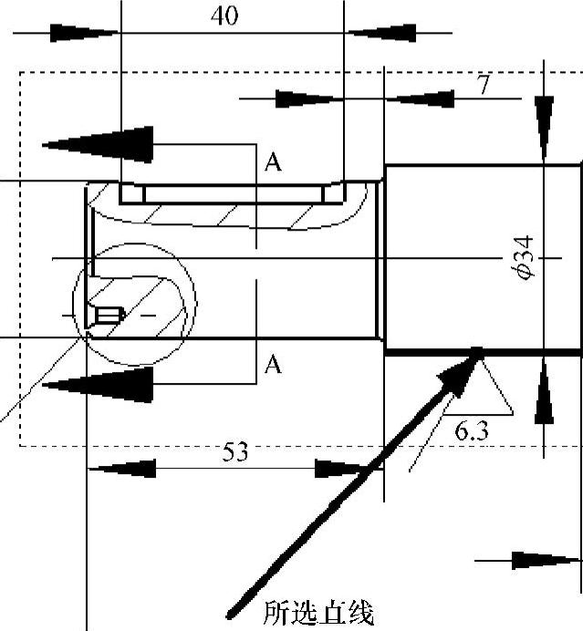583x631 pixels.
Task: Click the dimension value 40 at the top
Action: point(224,16)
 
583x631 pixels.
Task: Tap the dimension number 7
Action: point(484,85)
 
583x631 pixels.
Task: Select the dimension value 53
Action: point(235,451)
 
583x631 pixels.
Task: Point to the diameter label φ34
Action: point(526,257)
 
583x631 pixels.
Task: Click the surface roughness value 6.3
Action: point(472,431)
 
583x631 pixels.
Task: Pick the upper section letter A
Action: point(273,162)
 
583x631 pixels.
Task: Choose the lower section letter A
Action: point(273,365)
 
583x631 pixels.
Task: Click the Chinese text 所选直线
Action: point(318,614)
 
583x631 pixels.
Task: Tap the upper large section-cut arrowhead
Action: point(98,144)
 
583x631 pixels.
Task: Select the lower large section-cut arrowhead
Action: point(98,385)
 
